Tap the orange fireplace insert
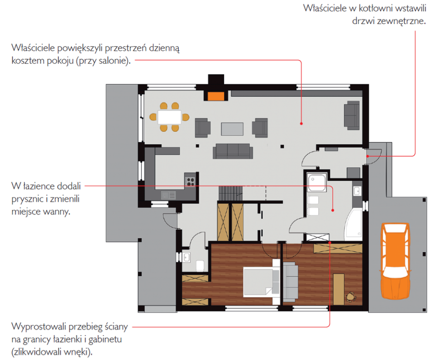(x=216, y=96)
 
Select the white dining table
(x=169, y=117)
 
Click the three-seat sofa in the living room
(x=233, y=151)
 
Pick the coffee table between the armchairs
(x=232, y=129)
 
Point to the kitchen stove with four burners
(x=191, y=182)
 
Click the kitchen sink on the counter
(x=168, y=195)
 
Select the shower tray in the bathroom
(x=317, y=182)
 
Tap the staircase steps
(x=230, y=193)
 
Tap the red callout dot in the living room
(x=301, y=123)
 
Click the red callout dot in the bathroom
(x=333, y=210)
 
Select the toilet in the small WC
(x=200, y=266)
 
